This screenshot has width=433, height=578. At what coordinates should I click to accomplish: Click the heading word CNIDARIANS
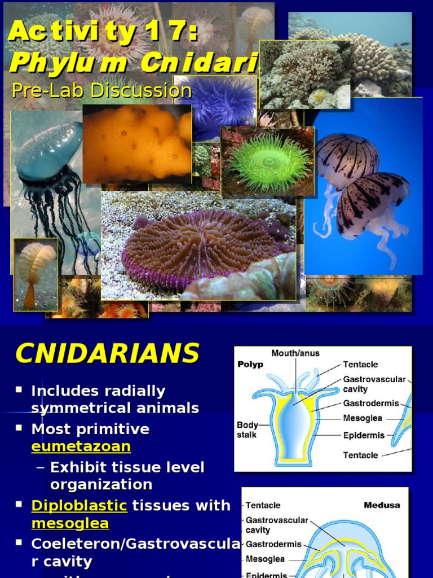point(107,354)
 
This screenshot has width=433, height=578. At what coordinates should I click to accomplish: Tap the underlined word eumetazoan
point(81,446)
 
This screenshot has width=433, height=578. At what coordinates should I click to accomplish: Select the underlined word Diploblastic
point(79,505)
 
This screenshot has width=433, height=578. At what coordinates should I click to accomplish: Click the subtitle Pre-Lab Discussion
point(101,90)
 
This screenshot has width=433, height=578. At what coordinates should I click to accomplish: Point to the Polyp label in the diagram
point(250,364)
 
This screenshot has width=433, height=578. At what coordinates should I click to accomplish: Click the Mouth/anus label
point(295,353)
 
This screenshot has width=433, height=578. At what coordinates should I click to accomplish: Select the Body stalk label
point(247,430)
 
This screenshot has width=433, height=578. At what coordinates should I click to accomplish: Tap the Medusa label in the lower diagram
point(382,505)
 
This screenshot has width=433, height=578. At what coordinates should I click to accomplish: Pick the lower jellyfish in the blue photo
point(372,203)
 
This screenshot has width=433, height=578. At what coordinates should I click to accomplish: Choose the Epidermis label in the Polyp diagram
point(364,435)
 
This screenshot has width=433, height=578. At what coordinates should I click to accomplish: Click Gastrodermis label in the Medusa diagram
point(273,545)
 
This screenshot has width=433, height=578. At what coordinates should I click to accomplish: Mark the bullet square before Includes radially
point(19,389)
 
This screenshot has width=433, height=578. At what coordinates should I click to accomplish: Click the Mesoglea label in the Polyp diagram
point(363,418)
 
